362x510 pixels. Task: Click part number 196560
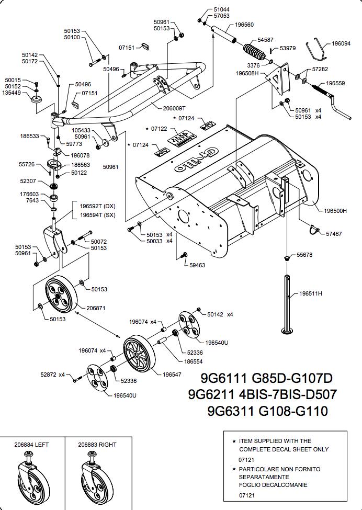244,25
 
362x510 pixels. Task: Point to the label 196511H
310,293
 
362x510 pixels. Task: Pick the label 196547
172,375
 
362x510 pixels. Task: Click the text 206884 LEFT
31,445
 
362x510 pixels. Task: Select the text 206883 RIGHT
97,445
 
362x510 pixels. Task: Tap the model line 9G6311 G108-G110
268,411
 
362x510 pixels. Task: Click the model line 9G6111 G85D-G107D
267,378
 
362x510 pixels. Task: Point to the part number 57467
334,234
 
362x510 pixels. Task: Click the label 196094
342,44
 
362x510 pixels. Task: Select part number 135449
12,93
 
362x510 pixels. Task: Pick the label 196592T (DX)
97,206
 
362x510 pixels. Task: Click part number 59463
197,265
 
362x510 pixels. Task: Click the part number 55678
304,255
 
